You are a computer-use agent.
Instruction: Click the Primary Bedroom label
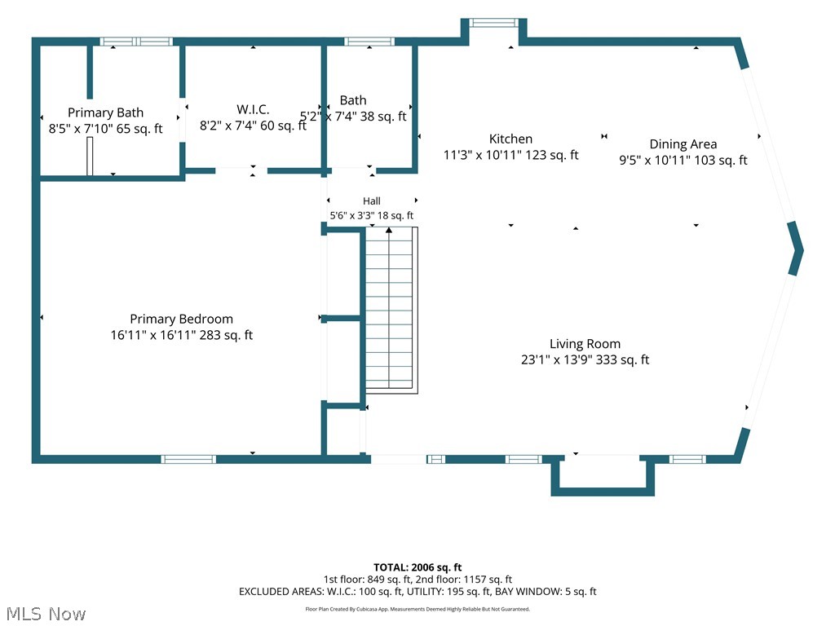coord(182,319)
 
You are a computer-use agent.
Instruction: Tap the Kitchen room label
coord(510,139)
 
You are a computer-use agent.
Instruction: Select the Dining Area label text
coord(683,144)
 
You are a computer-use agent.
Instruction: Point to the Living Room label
coord(585,344)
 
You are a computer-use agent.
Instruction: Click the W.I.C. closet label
coord(253,110)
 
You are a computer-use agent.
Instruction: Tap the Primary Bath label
coord(105,112)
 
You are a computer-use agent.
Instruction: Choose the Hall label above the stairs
coord(372,201)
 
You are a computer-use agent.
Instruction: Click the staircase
coord(391,311)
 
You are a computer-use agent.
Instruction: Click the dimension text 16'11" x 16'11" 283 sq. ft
coord(182,335)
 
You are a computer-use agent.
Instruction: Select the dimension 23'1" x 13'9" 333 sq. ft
coord(585,359)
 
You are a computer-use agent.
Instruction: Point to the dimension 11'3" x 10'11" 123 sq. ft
coord(510,155)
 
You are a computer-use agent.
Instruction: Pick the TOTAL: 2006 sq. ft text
coord(417,567)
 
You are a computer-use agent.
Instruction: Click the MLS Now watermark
coord(46,614)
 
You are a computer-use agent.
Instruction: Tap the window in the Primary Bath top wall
coord(136,42)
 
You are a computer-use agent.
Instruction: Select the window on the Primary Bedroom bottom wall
coord(188,459)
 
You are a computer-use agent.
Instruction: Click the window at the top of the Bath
coord(369,42)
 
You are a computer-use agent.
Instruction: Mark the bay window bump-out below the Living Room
coord(603,476)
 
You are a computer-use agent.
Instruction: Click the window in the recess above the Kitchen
coord(493,22)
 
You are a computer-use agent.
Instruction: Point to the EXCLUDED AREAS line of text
coord(417,592)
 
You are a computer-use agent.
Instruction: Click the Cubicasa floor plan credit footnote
coord(417,609)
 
